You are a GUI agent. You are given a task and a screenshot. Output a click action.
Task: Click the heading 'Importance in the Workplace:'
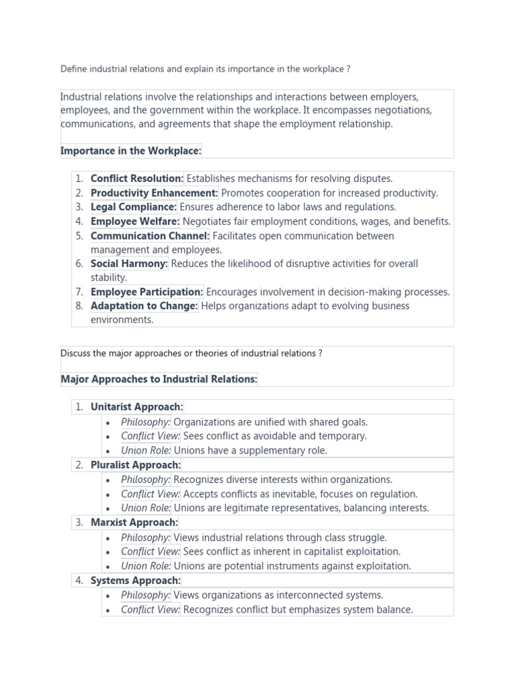click(131, 151)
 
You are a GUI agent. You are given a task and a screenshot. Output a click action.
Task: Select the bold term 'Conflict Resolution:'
click(137, 179)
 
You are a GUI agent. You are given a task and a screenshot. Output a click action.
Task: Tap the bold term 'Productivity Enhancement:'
click(154, 193)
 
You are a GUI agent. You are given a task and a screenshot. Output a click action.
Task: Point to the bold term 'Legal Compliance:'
click(133, 207)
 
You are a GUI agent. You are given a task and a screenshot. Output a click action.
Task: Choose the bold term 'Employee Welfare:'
click(135, 221)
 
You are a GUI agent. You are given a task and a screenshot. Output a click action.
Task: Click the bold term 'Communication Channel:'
click(150, 236)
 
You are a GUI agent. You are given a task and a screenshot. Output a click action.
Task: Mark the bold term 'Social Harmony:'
click(129, 264)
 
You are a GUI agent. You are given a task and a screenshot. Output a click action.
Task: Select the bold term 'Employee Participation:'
click(147, 292)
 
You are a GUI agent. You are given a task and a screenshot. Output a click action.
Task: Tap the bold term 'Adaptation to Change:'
click(144, 306)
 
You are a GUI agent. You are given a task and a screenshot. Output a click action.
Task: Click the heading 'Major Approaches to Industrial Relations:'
click(159, 379)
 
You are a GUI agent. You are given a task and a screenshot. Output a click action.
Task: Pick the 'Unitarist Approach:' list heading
click(137, 407)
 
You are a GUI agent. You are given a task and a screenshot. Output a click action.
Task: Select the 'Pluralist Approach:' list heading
click(136, 465)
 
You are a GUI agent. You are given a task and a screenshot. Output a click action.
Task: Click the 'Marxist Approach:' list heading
click(134, 522)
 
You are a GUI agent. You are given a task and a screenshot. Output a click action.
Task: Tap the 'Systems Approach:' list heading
click(135, 581)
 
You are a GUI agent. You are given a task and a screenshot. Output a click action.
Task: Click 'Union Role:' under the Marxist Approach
click(146, 566)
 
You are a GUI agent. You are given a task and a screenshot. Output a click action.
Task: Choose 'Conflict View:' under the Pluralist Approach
click(151, 494)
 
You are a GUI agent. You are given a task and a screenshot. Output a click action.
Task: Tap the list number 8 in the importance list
click(79, 306)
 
